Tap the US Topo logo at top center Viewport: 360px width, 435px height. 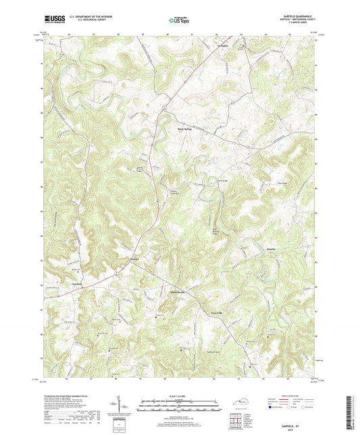pyautogui.click(x=178, y=20)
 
